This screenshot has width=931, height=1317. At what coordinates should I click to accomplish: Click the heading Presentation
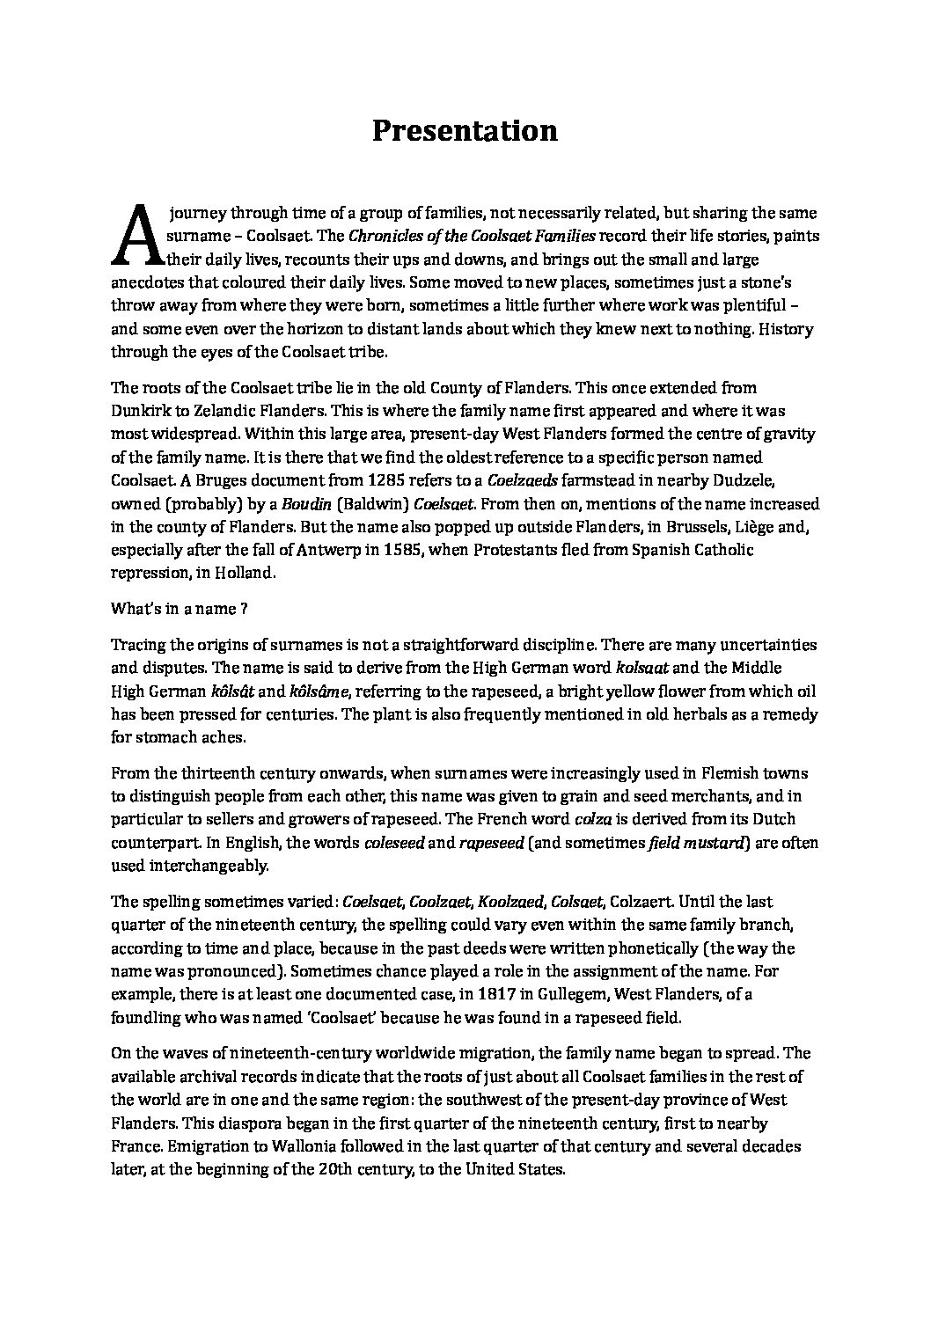tap(465, 130)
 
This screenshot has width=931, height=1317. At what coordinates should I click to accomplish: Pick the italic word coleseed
tap(396, 843)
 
